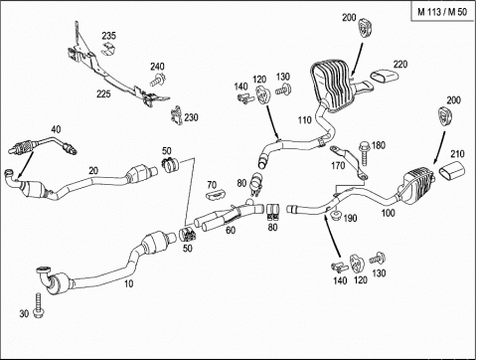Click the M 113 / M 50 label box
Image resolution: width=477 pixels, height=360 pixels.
[x=442, y=12]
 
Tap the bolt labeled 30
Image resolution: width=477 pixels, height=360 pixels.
[x=39, y=305]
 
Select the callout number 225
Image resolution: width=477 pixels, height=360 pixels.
[x=103, y=94]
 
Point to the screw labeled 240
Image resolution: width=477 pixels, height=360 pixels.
[x=158, y=81]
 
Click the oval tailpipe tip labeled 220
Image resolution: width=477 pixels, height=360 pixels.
[x=384, y=77]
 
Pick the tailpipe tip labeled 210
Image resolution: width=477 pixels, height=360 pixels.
[x=451, y=170]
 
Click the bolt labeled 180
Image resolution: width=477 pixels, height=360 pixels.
[x=365, y=153]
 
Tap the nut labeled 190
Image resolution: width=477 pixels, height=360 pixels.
[x=336, y=216]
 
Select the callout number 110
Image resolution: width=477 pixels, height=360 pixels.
[x=304, y=119]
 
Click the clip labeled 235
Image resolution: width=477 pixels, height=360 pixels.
[x=108, y=49]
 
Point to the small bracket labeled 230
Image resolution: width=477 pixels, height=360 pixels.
[x=177, y=115]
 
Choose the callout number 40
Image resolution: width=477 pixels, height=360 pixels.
[x=56, y=129]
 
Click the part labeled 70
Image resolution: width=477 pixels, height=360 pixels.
[x=215, y=195]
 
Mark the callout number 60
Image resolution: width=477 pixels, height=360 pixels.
[x=231, y=230]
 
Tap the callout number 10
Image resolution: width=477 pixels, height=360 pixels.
[x=128, y=283]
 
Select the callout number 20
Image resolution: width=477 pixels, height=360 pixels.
[x=93, y=171]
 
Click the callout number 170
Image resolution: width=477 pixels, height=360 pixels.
[x=338, y=165]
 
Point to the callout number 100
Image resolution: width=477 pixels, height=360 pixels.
[x=388, y=213]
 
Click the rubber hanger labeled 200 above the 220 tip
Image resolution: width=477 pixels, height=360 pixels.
[x=365, y=28]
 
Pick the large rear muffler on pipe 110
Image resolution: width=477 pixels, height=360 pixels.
[x=330, y=85]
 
